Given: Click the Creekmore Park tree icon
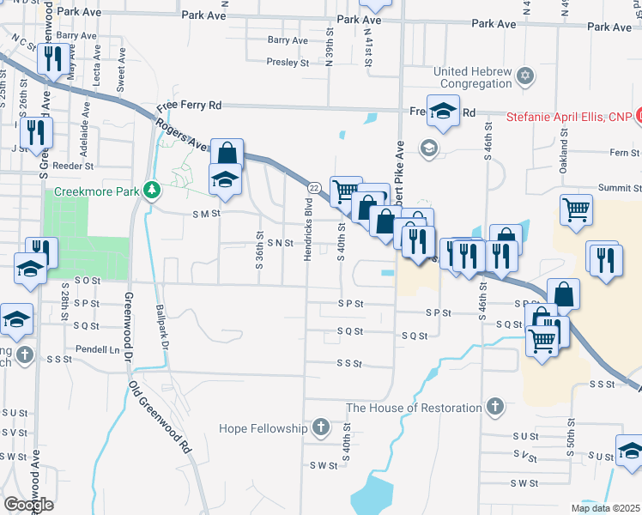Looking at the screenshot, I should point(152,190).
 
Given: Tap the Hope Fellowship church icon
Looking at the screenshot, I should point(320,427).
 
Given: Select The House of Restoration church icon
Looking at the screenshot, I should point(494,406).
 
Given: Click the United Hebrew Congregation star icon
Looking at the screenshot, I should point(525,77).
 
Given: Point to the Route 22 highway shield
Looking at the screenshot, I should point(314,186).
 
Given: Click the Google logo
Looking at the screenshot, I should point(28,505).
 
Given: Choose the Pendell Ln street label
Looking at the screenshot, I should point(96,350).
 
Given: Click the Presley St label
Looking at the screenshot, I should point(287,62).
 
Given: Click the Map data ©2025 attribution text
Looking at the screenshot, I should point(605,508).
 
